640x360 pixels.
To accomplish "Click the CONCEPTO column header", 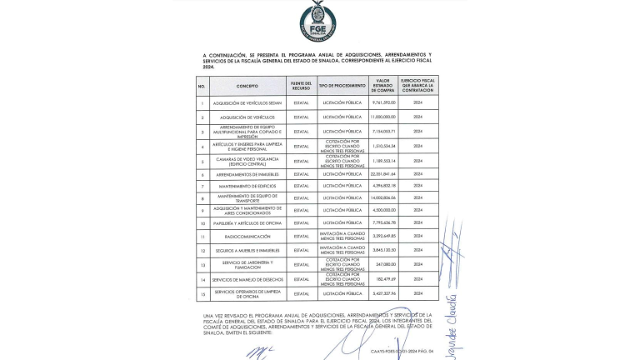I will [x=247, y=86].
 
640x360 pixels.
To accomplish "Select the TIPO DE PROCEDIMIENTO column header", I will [x=342, y=86].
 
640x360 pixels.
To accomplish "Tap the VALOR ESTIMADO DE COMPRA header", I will [x=383, y=86].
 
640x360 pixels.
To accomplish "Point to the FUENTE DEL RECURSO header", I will [x=301, y=86].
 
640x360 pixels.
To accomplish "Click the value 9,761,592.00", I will [x=383, y=102].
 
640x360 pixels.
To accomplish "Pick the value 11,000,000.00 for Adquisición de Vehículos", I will [x=383, y=117].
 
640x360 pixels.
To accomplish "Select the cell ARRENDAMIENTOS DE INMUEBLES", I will [x=247, y=174].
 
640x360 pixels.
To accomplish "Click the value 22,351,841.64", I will [x=383, y=174].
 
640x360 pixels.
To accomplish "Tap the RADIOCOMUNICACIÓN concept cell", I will [x=247, y=237].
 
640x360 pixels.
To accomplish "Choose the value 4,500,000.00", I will [x=383, y=210].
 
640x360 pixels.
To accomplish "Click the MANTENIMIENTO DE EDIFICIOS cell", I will [x=247, y=185].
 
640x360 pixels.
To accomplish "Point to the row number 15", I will [x=202, y=293].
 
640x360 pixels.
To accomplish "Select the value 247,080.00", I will [x=383, y=264].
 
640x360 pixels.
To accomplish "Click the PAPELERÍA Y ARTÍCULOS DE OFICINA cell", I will [x=247, y=223].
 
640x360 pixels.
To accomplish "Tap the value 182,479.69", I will [x=383, y=279].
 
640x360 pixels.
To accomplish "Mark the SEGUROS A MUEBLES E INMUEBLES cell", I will [x=247, y=250].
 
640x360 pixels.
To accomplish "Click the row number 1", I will [x=202, y=102].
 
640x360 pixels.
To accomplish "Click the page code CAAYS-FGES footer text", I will [x=402, y=351].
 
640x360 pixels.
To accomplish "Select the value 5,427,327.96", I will [x=383, y=293].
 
